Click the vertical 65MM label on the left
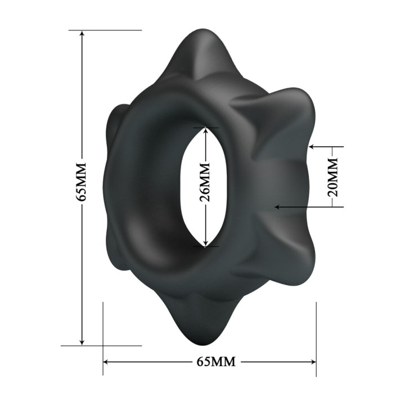tap(80, 182)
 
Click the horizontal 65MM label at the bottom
tap(216, 361)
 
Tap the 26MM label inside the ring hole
tap(205, 182)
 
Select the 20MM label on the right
tap(332, 177)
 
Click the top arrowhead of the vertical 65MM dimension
tap(82, 34)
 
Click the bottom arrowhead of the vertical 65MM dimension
tap(82, 341)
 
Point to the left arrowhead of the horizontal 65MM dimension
tap(107, 362)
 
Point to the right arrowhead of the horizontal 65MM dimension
tap(312, 362)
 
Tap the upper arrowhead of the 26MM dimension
tap(205, 131)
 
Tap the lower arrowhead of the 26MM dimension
tap(205, 243)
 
